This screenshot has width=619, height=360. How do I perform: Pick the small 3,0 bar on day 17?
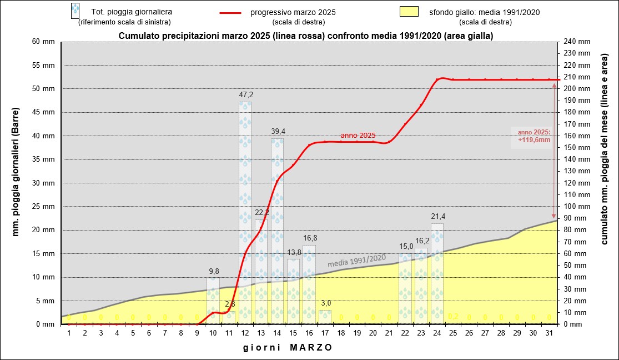pos(325,317)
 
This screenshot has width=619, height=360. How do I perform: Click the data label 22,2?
pos(261,213)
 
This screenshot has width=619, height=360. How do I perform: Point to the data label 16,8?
pos(310,238)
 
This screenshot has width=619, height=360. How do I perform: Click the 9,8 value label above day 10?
pos(214,271)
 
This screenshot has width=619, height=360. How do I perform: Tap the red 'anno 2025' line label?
pos(358,135)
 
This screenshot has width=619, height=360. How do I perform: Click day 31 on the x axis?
pos(549,333)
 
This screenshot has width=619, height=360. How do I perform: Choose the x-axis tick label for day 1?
pos(69,333)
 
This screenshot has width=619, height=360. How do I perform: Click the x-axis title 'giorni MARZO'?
pos(288,348)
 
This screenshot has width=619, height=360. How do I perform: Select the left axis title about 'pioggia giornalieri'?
pos(16,183)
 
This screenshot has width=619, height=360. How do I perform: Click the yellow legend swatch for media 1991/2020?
pos(411,12)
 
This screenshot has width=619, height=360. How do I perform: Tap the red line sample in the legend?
pos(227,12)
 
